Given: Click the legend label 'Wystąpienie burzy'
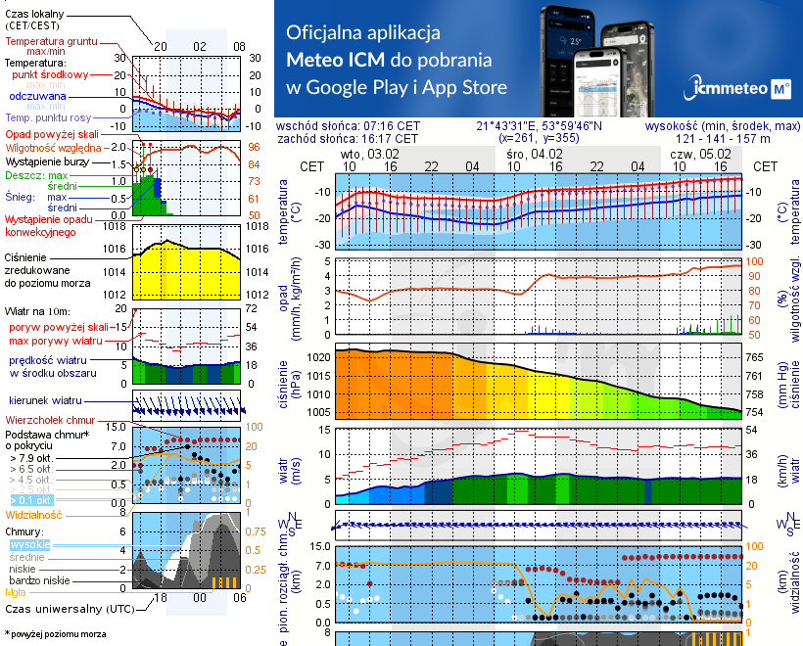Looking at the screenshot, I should coord(50,159).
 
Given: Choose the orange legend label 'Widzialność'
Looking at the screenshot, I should coord(34,514).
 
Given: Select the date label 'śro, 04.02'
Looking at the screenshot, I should coord(536,154).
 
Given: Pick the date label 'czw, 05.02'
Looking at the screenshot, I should coord(700,154).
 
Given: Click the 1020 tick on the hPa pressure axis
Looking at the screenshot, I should coord(319,357).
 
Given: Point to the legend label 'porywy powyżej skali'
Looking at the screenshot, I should coord(56,326).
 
